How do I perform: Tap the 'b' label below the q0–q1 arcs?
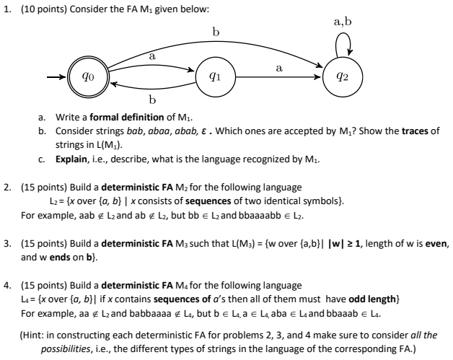[151, 99]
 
